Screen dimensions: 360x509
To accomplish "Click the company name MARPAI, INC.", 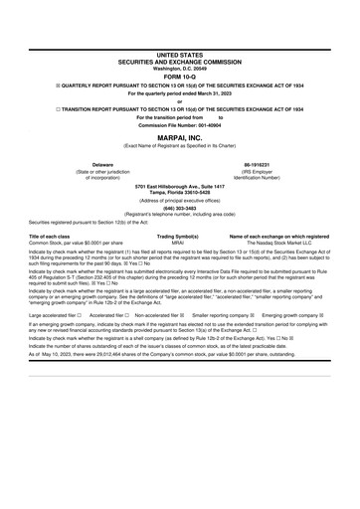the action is (180, 138).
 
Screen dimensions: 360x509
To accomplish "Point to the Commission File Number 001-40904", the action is (180, 126).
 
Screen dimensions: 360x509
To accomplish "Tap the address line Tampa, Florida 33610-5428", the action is (180, 193).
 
